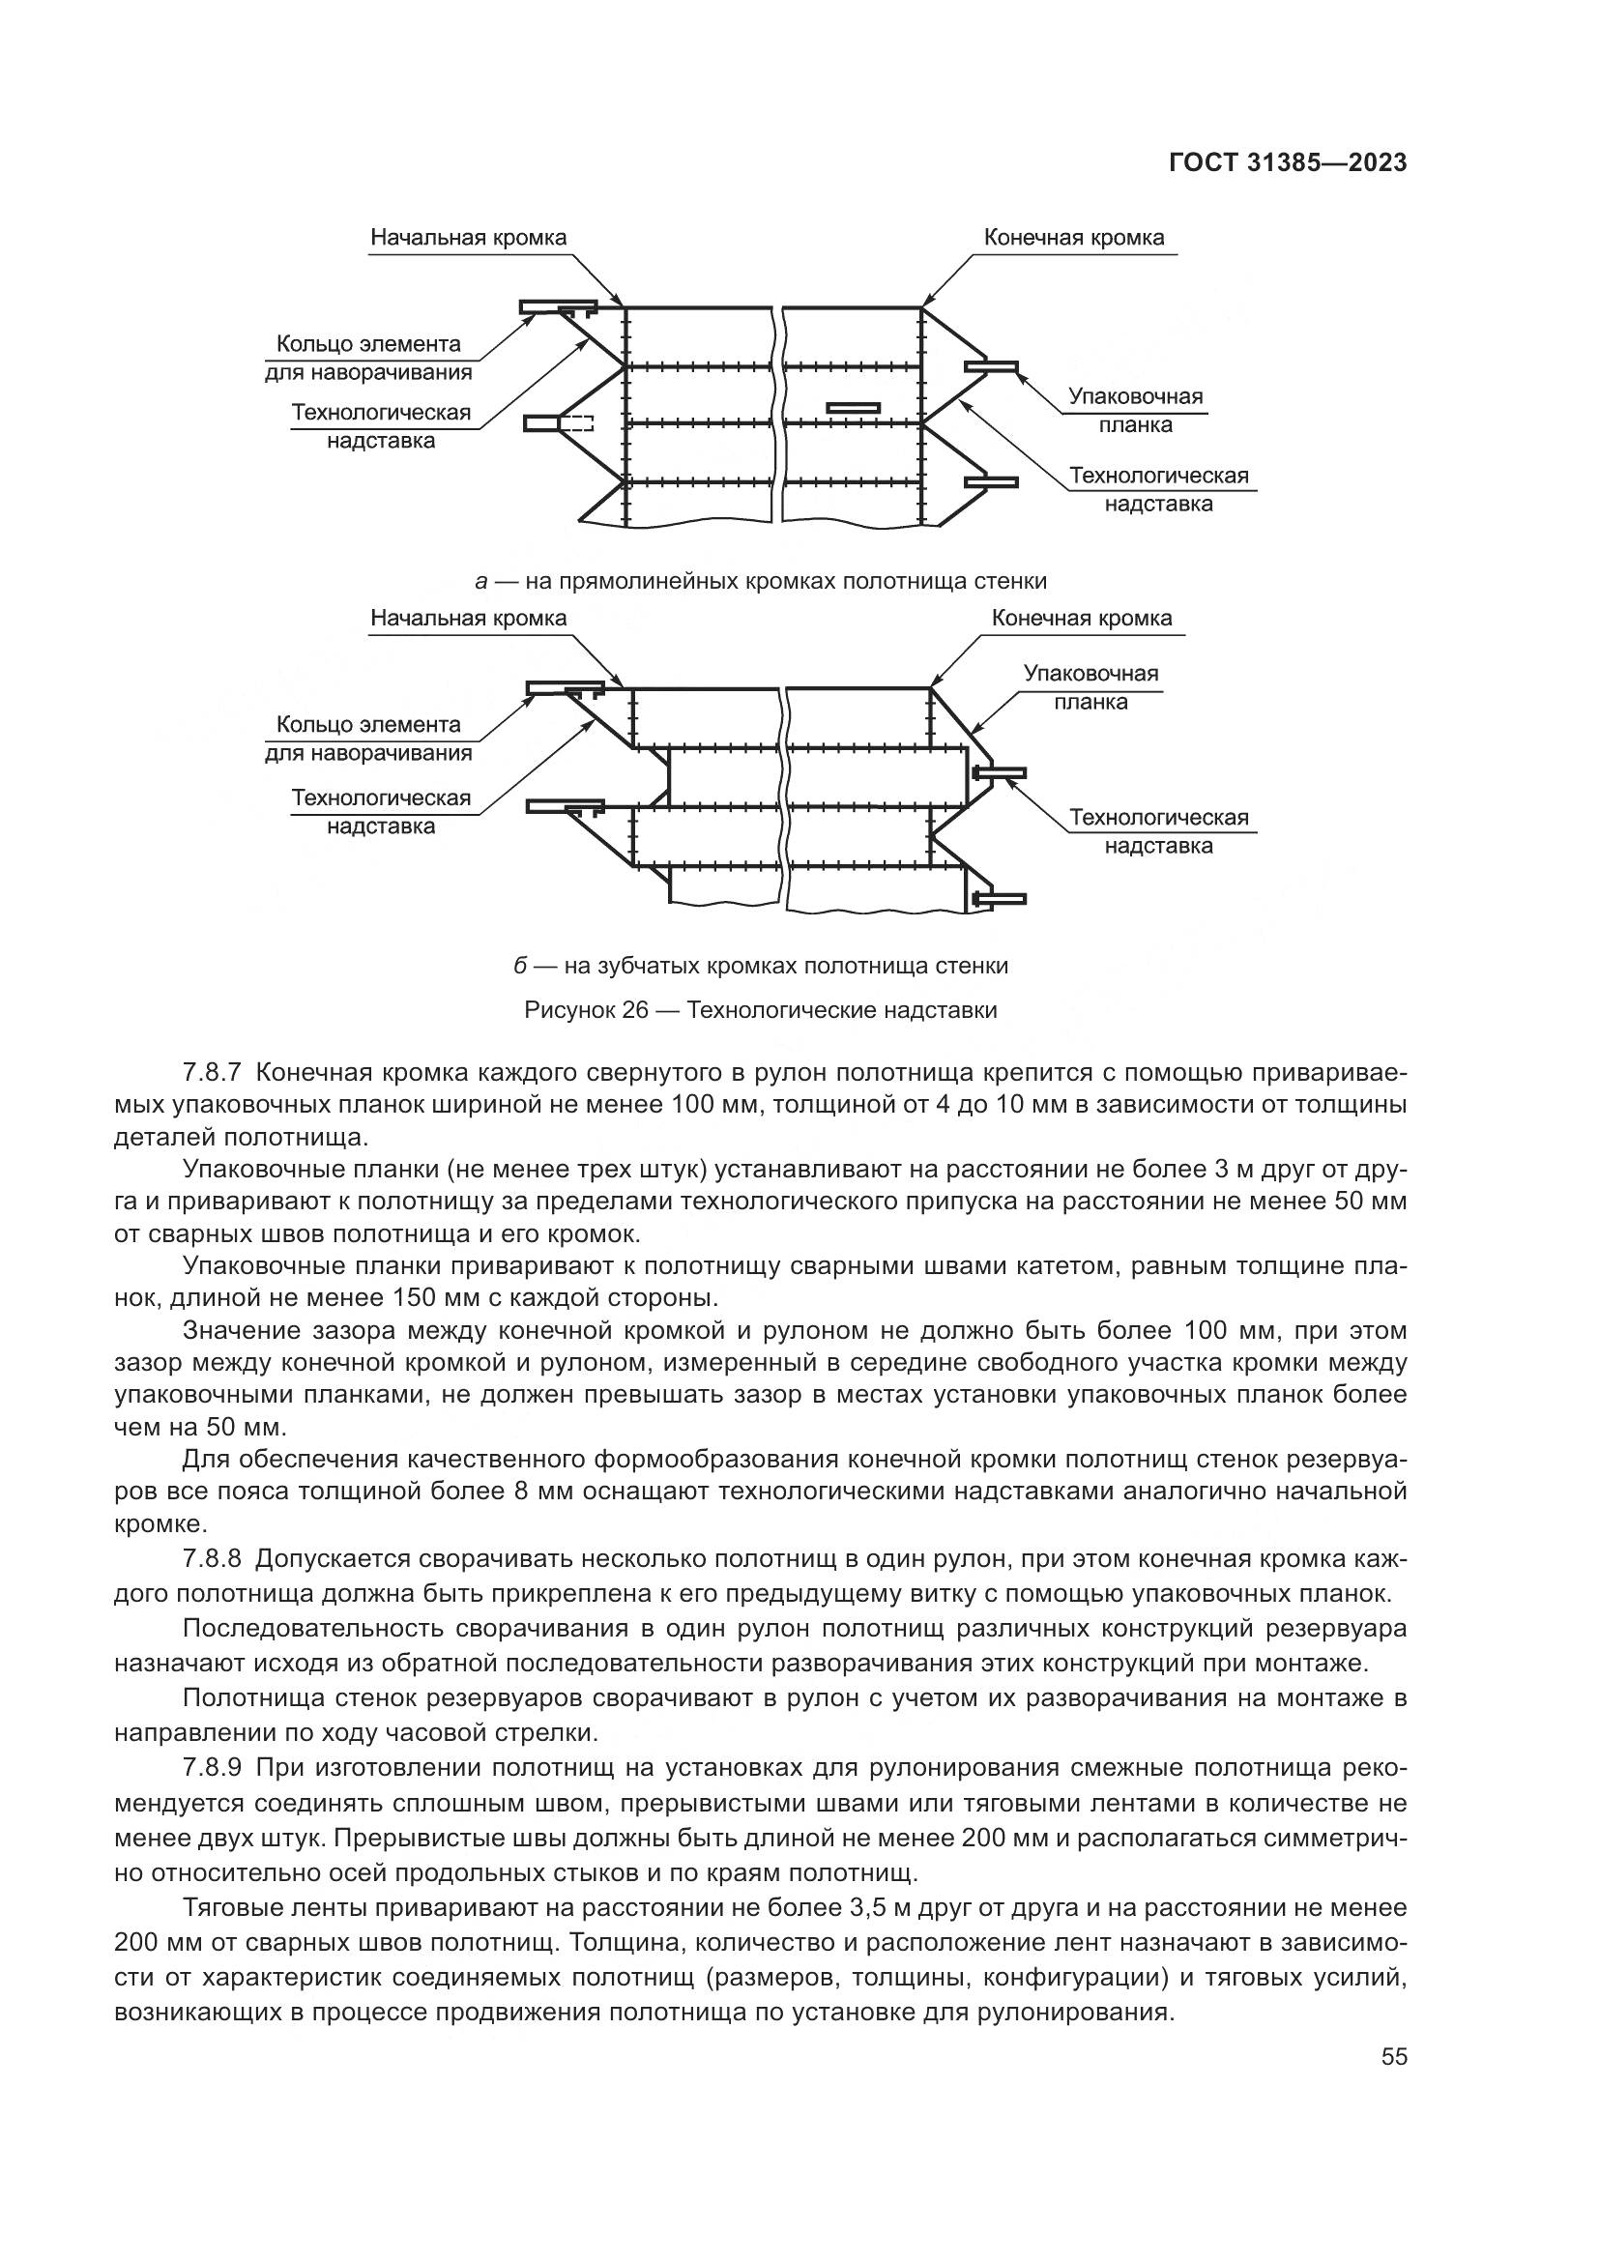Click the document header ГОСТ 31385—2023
(x=1287, y=163)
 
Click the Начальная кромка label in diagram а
(x=468, y=238)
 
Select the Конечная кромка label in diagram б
(x=1081, y=619)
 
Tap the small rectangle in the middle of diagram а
(x=853, y=406)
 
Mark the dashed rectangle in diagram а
(x=576, y=423)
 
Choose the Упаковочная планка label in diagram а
(x=1135, y=411)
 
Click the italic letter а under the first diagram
(x=481, y=581)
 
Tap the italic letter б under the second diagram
(x=521, y=966)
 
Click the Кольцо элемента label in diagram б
(x=368, y=725)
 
